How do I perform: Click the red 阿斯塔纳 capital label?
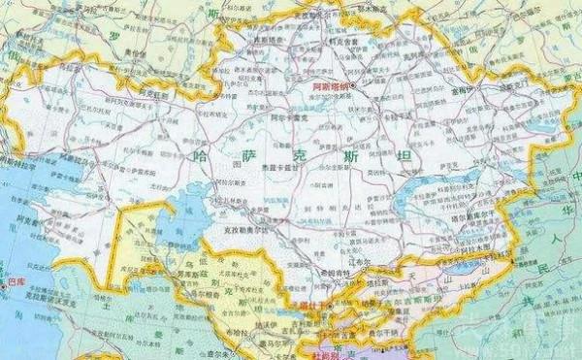(331, 87)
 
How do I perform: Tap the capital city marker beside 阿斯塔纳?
(354, 86)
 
